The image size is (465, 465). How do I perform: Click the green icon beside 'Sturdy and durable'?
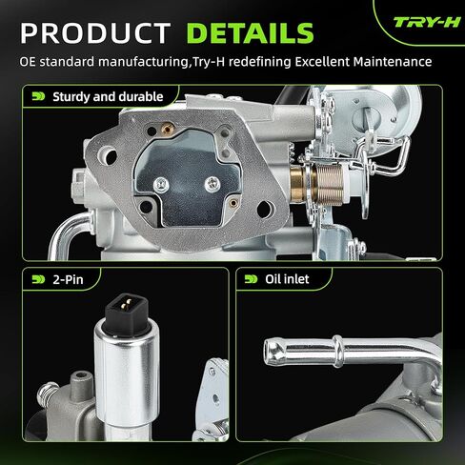click(x=38, y=96)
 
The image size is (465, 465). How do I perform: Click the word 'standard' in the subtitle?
click(x=68, y=62)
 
